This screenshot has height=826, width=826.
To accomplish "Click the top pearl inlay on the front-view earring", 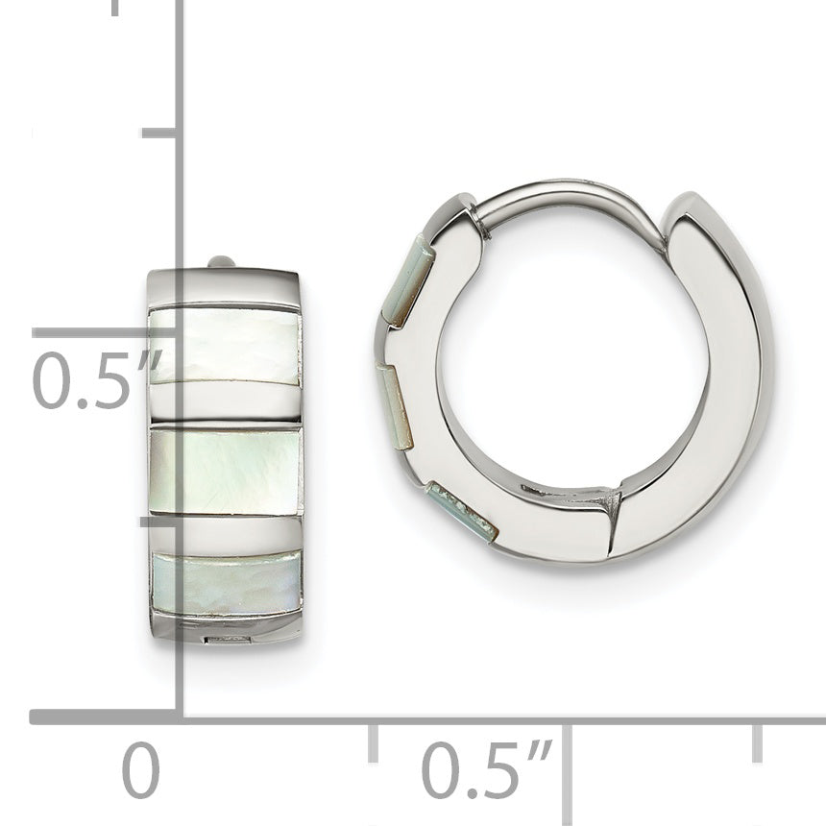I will point(226,346).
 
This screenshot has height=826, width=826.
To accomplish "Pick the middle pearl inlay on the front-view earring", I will point(226,472).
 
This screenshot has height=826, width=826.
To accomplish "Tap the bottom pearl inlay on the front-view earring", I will point(226,583).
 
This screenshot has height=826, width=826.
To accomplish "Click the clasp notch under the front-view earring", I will point(224,638).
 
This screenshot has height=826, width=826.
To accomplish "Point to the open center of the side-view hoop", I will point(571,375).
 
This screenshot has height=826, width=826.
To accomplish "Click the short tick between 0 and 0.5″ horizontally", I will point(373,741).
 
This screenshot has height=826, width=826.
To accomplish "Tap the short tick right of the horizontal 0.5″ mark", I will point(757,741).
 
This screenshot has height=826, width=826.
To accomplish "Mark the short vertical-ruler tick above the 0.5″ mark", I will point(158,132).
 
